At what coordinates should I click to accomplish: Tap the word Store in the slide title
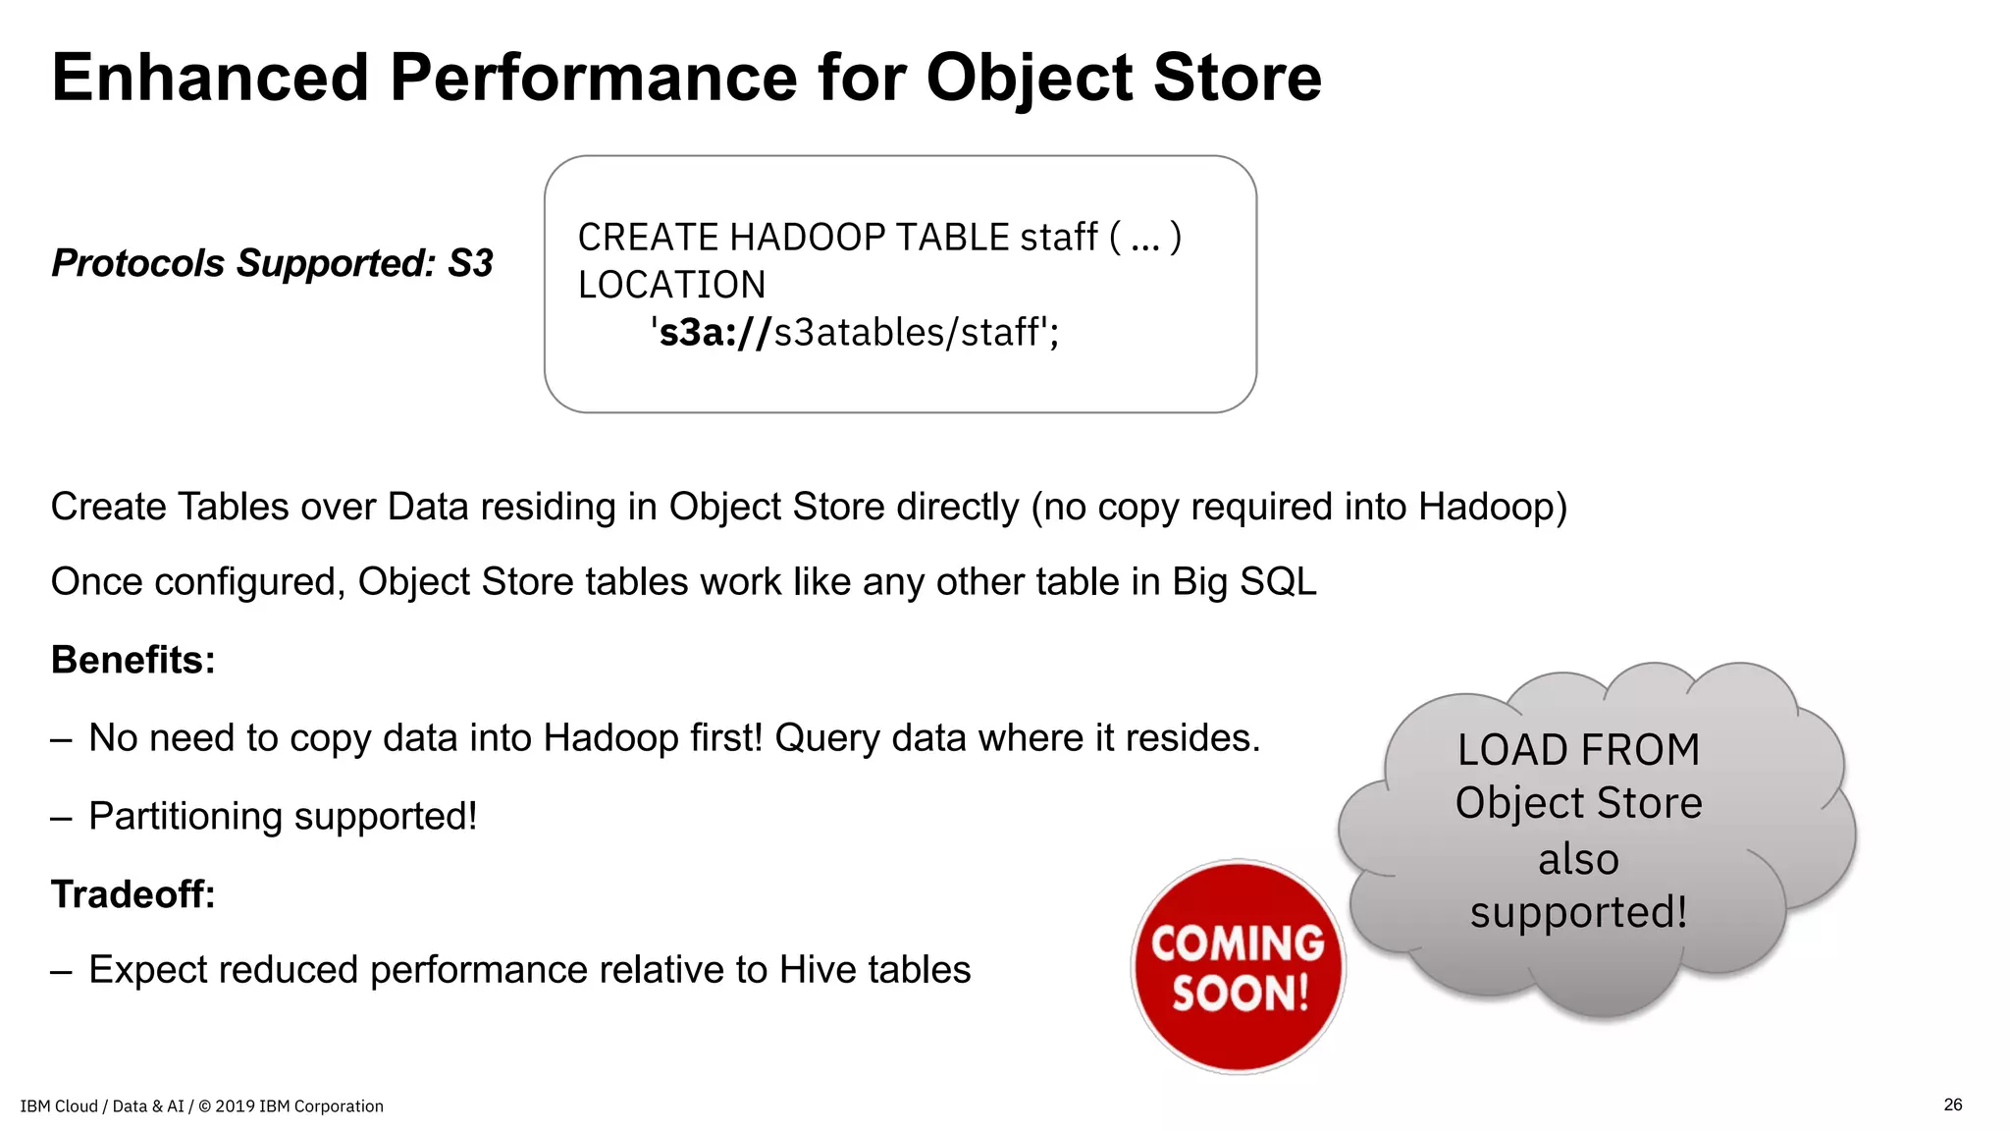(1238, 78)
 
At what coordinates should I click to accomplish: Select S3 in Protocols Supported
(470, 263)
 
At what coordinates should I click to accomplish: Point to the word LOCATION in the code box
(671, 285)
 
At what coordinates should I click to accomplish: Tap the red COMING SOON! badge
(1239, 967)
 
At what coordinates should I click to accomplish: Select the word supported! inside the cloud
(1578, 912)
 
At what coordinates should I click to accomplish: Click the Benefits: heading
(133, 660)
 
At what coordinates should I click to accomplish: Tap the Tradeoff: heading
(133, 894)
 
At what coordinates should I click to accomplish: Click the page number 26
(1952, 1104)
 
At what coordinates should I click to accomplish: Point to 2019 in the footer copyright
(235, 1106)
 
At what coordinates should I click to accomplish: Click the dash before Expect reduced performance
(62, 971)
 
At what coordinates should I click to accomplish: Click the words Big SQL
(1244, 582)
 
